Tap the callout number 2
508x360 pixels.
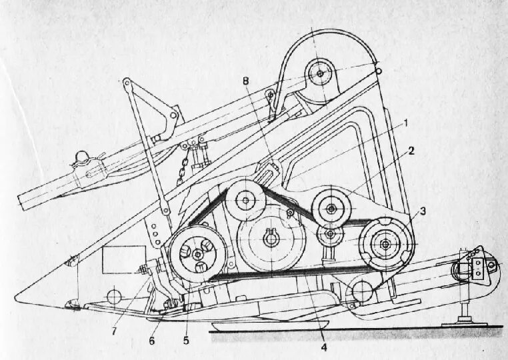click(x=411, y=151)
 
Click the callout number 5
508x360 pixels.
click(x=186, y=340)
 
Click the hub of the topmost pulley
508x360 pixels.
click(x=321, y=72)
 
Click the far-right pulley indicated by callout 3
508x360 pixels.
click(x=385, y=245)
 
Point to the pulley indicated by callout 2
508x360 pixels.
click(x=332, y=208)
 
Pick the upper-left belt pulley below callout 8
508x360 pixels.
click(x=247, y=199)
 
